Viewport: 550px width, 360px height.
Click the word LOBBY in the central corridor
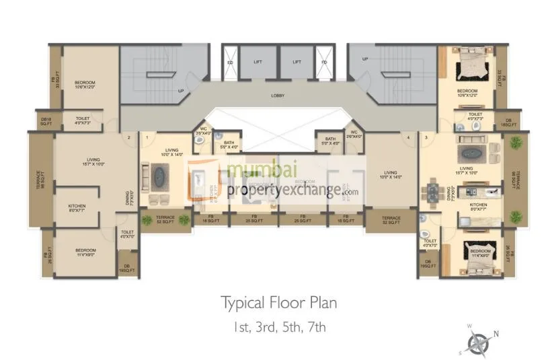coord(277,96)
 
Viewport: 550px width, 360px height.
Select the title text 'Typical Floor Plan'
coord(279,303)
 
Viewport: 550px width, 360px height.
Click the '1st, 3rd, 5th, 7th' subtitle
coord(279,328)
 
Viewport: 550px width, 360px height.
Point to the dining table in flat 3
coord(433,193)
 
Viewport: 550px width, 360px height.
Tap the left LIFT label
coord(258,62)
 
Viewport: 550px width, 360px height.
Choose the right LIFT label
coord(297,62)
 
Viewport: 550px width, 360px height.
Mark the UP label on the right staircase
coord(365,59)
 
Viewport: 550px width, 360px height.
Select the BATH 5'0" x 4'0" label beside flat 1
coord(229,144)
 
